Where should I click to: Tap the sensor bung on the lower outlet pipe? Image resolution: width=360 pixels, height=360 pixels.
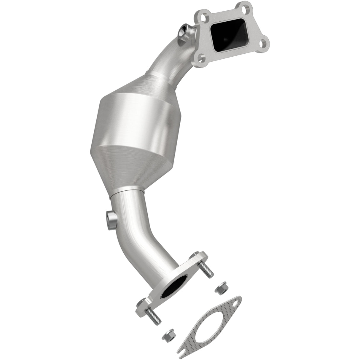pos(112,219)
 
